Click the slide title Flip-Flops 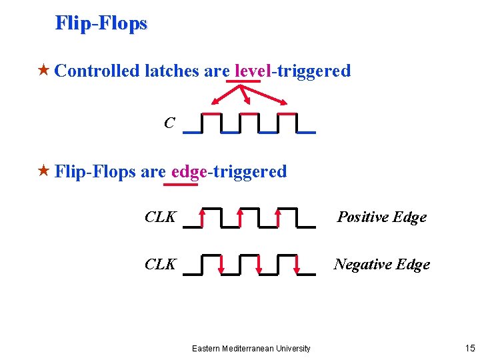[x=101, y=23]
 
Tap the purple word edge [x=189, y=171]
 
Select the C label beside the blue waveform [x=169, y=123]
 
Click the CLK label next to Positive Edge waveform [x=161, y=217]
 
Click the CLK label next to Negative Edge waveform [x=161, y=264]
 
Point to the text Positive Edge [x=381, y=217]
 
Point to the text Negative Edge [x=381, y=264]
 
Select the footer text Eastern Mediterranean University [x=251, y=348]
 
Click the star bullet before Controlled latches [x=44, y=70]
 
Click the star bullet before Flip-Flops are [x=44, y=171]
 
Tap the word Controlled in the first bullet [x=97, y=71]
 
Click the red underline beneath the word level [x=243, y=82]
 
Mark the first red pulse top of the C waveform [x=211, y=114]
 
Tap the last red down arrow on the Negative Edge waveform [x=297, y=265]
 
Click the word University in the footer [x=291, y=348]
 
